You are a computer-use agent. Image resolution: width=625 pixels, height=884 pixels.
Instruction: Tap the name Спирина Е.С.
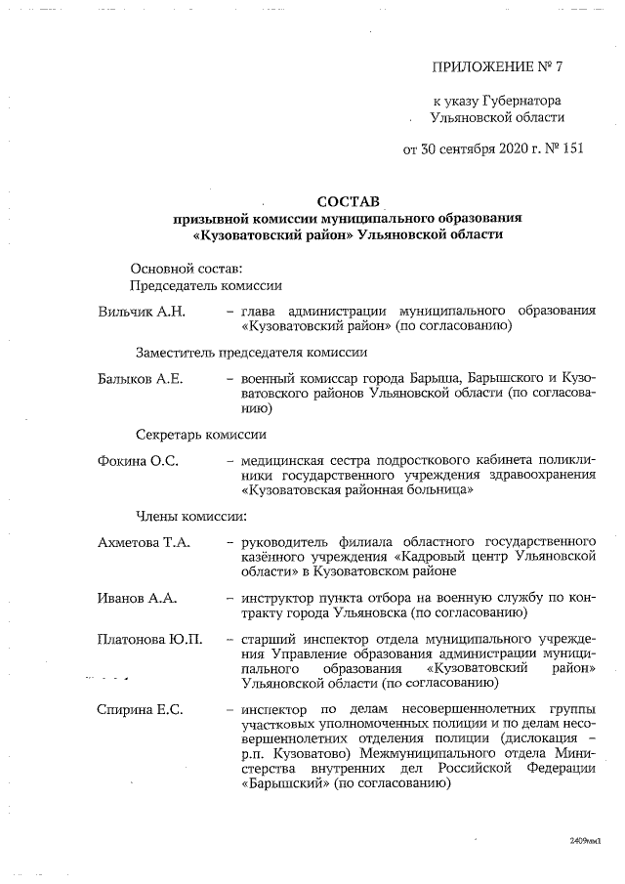(142, 707)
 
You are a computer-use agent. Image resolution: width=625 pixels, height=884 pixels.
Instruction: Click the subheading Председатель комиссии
(206, 285)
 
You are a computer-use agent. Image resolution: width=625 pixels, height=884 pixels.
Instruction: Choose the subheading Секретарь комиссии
(199, 435)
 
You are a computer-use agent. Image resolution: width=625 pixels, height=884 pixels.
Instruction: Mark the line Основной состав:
(186, 268)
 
